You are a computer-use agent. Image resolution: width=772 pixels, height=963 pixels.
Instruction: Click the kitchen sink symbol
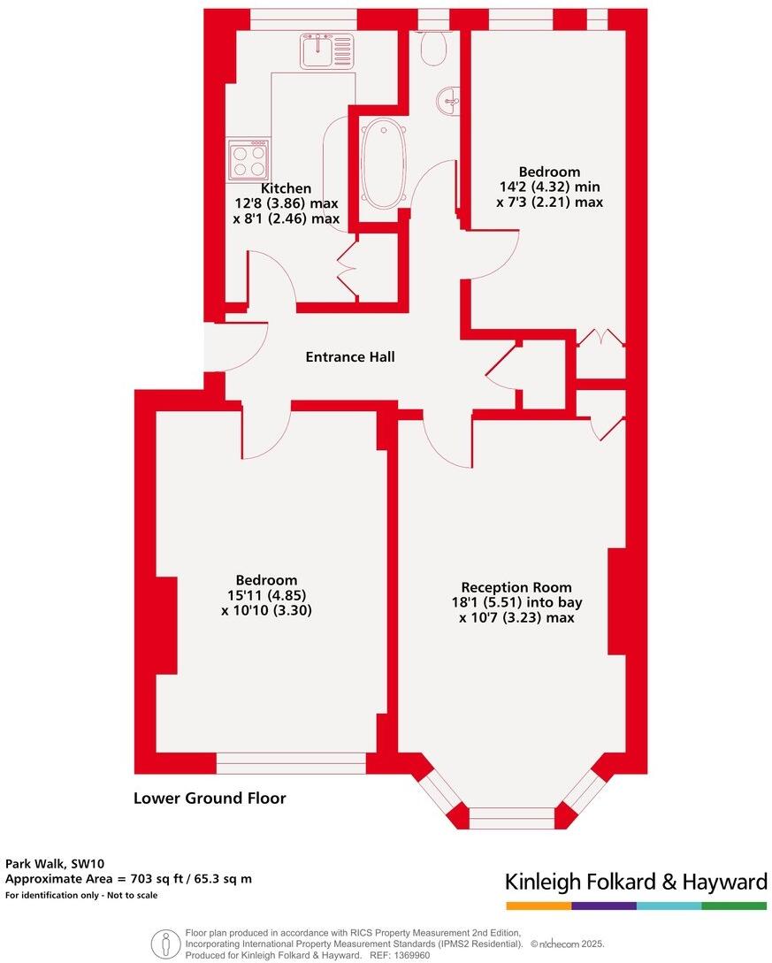[x=326, y=51]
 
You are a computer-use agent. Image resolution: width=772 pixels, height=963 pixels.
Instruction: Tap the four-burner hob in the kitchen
[x=248, y=160]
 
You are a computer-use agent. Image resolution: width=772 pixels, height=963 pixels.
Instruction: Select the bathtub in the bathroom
[x=384, y=165]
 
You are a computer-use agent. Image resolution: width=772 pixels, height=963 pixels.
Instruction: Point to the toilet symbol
[x=432, y=49]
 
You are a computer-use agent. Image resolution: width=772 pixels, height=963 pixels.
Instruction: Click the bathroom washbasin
[x=448, y=101]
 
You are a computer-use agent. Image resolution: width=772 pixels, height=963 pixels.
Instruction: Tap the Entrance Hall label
[x=350, y=357]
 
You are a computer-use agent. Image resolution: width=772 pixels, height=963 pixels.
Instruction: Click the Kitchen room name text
[x=286, y=188]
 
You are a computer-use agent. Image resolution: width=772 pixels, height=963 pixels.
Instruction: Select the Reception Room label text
[x=516, y=587]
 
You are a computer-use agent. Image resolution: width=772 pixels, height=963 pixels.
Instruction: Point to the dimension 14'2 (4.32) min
[x=548, y=187]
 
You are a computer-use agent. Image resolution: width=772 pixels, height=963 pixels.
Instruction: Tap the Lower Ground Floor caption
[x=210, y=799]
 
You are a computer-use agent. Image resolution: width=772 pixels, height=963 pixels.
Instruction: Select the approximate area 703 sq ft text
[x=128, y=879]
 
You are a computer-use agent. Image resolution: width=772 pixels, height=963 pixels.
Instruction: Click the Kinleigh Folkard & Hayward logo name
[x=635, y=882]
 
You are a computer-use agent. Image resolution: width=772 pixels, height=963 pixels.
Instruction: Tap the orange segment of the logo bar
[x=539, y=906]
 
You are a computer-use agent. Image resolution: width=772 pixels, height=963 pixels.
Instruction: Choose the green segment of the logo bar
[x=734, y=906]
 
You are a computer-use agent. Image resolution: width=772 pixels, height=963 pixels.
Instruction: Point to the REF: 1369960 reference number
[x=399, y=955]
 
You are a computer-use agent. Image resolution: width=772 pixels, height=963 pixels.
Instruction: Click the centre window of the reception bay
[x=512, y=818]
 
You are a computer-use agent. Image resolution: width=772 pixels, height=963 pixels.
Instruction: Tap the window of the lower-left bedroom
[x=291, y=762]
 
